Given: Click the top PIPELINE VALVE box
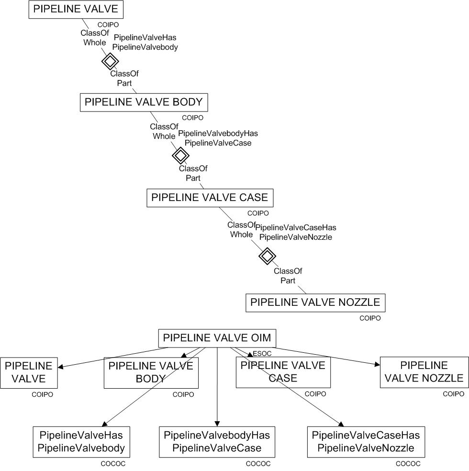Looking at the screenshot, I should point(76,10).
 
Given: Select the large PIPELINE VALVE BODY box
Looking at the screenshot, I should point(144,102).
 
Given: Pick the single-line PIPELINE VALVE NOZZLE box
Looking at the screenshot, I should point(315,303).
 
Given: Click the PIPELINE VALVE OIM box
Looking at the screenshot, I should point(217,338).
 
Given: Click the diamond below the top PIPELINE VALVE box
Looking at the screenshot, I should point(110,61).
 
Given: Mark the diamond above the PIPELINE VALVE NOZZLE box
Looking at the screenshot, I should point(267,256).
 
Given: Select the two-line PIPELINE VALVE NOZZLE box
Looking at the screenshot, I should point(424,372).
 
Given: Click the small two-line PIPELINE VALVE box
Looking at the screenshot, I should point(28,372).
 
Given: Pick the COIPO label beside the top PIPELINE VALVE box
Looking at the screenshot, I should point(108,24).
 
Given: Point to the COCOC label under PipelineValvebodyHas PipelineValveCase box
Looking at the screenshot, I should point(258,464).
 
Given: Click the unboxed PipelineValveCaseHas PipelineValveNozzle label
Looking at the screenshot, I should point(295,232).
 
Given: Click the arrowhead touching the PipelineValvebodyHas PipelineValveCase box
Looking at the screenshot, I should point(217,423).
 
